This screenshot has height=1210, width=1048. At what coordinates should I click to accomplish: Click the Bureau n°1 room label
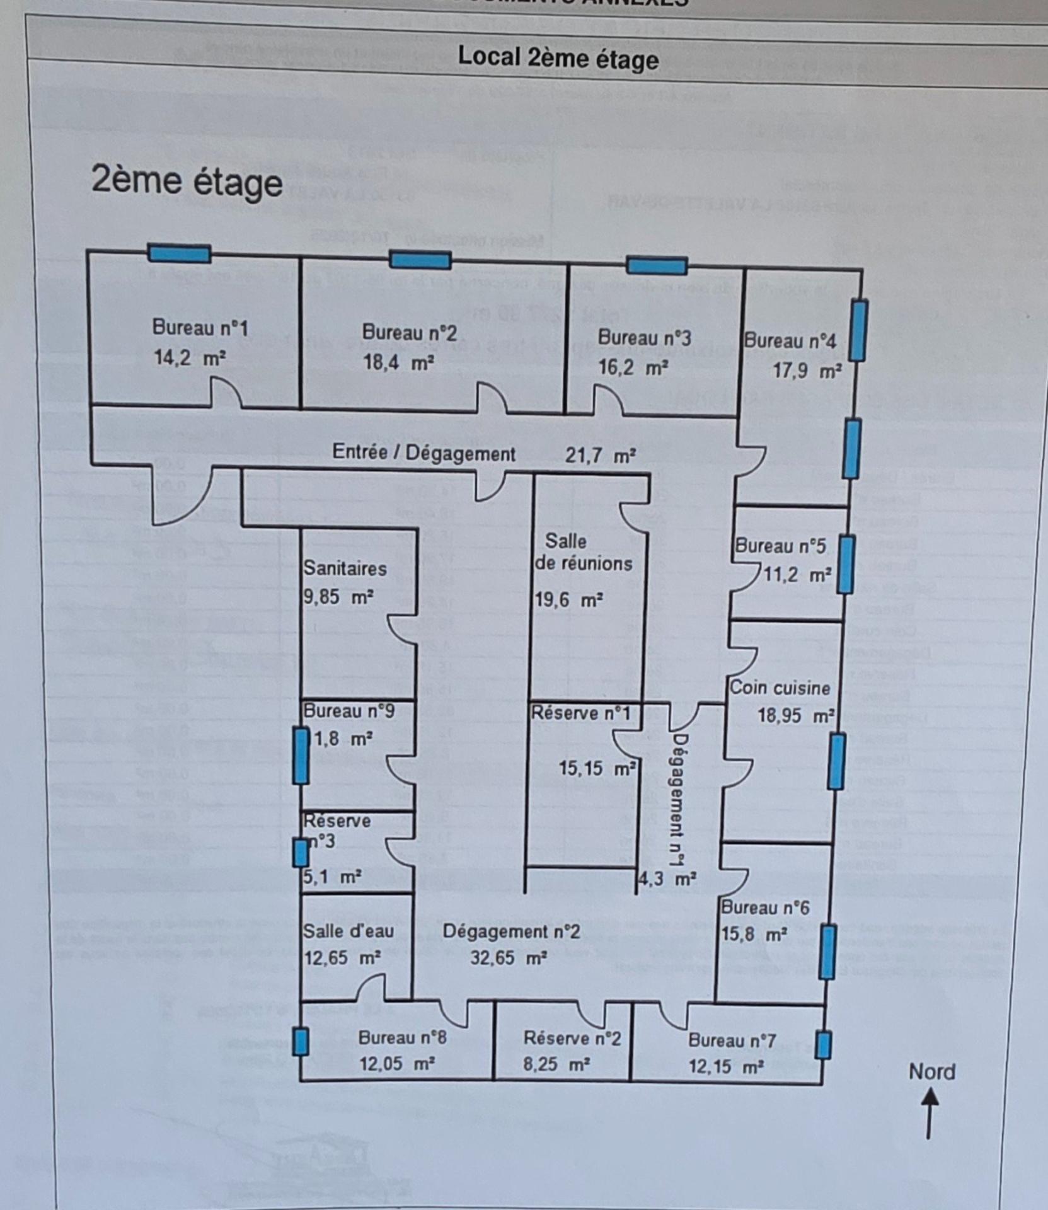tap(200, 328)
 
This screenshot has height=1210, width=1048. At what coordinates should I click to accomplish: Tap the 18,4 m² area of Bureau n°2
tap(398, 363)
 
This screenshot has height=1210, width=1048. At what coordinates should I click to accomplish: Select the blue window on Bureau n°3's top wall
tap(656, 265)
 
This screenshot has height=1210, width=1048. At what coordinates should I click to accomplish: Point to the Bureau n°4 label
tap(790, 341)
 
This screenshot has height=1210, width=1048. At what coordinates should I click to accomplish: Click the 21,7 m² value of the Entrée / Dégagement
tap(600, 455)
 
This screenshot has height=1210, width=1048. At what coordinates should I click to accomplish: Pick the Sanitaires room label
tap(345, 568)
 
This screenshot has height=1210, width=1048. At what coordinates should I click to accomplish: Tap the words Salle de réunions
tap(583, 552)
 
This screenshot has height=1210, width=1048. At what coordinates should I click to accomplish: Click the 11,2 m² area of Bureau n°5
tap(797, 575)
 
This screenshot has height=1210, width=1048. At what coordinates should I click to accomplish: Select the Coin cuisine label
tap(780, 688)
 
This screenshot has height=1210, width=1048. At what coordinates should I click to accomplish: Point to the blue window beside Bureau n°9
tap(301, 756)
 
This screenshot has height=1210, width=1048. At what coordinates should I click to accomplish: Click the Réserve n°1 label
tap(580, 713)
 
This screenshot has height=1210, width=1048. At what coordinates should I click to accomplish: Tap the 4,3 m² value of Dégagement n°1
tap(667, 879)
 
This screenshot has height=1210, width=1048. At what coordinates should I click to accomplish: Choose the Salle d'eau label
tap(348, 931)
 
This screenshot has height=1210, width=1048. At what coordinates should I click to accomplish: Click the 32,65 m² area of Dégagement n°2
tap(508, 958)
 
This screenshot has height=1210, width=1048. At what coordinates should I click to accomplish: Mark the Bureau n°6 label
tap(765, 907)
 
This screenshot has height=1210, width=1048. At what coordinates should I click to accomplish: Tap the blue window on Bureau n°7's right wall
tap(823, 1045)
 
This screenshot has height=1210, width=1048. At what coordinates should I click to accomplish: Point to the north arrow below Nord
tap(929, 1115)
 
